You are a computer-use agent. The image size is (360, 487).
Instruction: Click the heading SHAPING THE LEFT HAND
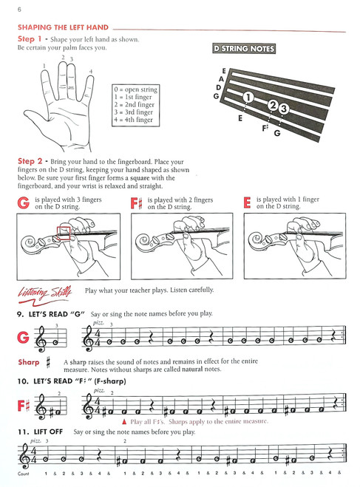tap(56, 27)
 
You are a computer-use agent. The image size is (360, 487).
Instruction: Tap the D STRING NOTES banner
tap(243, 50)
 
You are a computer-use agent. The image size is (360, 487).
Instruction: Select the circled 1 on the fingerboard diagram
tap(248, 97)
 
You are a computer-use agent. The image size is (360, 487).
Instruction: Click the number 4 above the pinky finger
tap(90, 71)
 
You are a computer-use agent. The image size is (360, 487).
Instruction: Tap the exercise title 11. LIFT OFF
tap(40, 431)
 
